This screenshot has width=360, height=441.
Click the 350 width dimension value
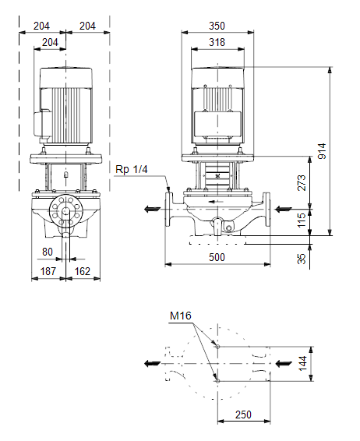[x=217, y=26]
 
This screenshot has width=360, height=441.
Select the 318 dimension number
[x=217, y=42]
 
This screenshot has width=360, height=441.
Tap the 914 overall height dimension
[x=322, y=151]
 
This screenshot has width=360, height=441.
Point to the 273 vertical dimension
[x=302, y=183]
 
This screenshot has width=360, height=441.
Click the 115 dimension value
[x=302, y=220]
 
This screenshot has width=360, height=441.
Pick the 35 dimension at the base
[x=302, y=259]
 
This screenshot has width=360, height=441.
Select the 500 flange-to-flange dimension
[x=217, y=257]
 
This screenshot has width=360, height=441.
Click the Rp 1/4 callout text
[x=132, y=169]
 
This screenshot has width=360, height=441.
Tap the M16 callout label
[x=181, y=316]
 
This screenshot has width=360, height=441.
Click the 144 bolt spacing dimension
[x=302, y=363]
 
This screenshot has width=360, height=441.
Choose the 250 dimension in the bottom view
[x=243, y=415]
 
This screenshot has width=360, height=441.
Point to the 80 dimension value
[x=48, y=252]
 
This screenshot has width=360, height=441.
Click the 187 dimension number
[x=48, y=271]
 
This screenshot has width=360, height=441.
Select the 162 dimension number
[x=82, y=271]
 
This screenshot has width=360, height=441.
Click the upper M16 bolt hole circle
[x=217, y=347]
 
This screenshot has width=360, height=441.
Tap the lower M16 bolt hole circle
[x=217, y=381]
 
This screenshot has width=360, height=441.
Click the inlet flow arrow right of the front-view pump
[x=283, y=210]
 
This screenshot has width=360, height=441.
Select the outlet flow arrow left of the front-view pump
[x=152, y=210]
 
